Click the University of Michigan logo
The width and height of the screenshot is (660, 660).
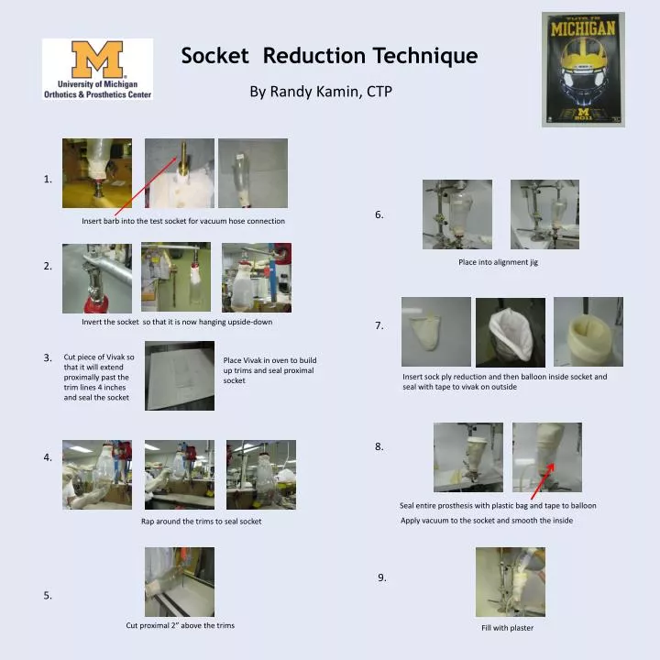pos(97,69)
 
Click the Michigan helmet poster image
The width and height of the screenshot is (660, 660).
pos(583,69)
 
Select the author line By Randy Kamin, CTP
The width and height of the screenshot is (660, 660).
pos(321,92)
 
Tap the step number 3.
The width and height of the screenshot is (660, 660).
pos(48,357)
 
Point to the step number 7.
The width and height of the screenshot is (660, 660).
pos(379,325)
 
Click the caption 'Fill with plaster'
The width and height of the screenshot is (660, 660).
pos(507,628)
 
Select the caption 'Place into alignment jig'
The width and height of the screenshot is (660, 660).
pos(498,262)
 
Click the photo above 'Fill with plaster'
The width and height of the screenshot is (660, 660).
pos(510,582)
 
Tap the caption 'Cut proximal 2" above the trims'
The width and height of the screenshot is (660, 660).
pos(180,625)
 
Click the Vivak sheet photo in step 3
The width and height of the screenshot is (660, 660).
pos(180,376)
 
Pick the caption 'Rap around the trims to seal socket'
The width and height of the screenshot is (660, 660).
pos(201,521)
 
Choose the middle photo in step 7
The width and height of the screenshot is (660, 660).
pos(510,332)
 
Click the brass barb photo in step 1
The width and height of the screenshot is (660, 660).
pos(180,172)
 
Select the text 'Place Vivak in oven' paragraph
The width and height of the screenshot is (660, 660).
pos(269,370)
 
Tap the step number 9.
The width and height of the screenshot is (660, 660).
pos(382,577)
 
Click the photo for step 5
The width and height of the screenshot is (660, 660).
pos(180,581)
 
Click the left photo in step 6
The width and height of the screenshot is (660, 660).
pos(457,214)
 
